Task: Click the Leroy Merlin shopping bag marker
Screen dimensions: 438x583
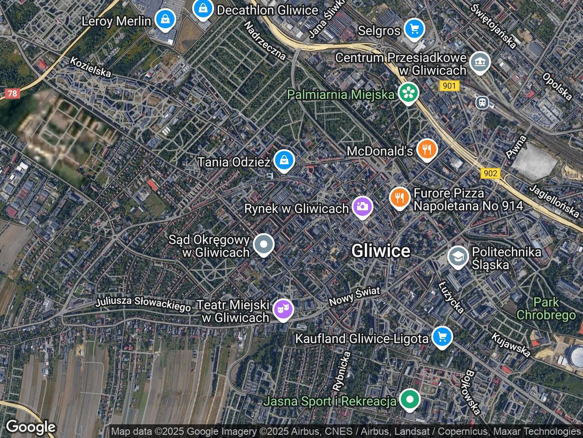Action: [x=164, y=20]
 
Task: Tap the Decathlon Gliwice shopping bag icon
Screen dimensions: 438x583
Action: [x=202, y=8]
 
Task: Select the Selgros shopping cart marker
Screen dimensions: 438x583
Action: [x=414, y=30]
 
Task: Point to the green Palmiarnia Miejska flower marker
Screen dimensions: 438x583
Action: [x=408, y=93]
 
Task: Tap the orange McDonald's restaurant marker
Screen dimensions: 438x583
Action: [x=426, y=149]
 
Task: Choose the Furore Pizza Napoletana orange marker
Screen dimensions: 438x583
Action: [x=400, y=197]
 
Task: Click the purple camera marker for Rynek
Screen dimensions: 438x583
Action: [x=363, y=207]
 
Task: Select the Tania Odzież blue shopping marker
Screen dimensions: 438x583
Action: [x=284, y=160]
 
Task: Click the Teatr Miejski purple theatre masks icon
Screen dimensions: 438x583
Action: [x=283, y=309]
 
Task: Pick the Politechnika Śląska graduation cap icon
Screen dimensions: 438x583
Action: [x=458, y=256]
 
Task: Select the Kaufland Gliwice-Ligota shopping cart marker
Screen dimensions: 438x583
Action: [x=441, y=337]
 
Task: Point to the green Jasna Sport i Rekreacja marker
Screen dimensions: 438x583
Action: [x=410, y=400]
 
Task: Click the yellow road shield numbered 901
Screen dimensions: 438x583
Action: [x=450, y=86]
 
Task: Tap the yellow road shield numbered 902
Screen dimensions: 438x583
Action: [x=490, y=173]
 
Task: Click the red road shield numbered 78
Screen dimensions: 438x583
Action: [x=12, y=94]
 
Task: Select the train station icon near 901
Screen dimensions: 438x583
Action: [x=482, y=103]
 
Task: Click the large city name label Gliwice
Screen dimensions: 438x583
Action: [x=381, y=250]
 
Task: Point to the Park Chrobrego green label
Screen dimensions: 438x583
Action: [x=546, y=308]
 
